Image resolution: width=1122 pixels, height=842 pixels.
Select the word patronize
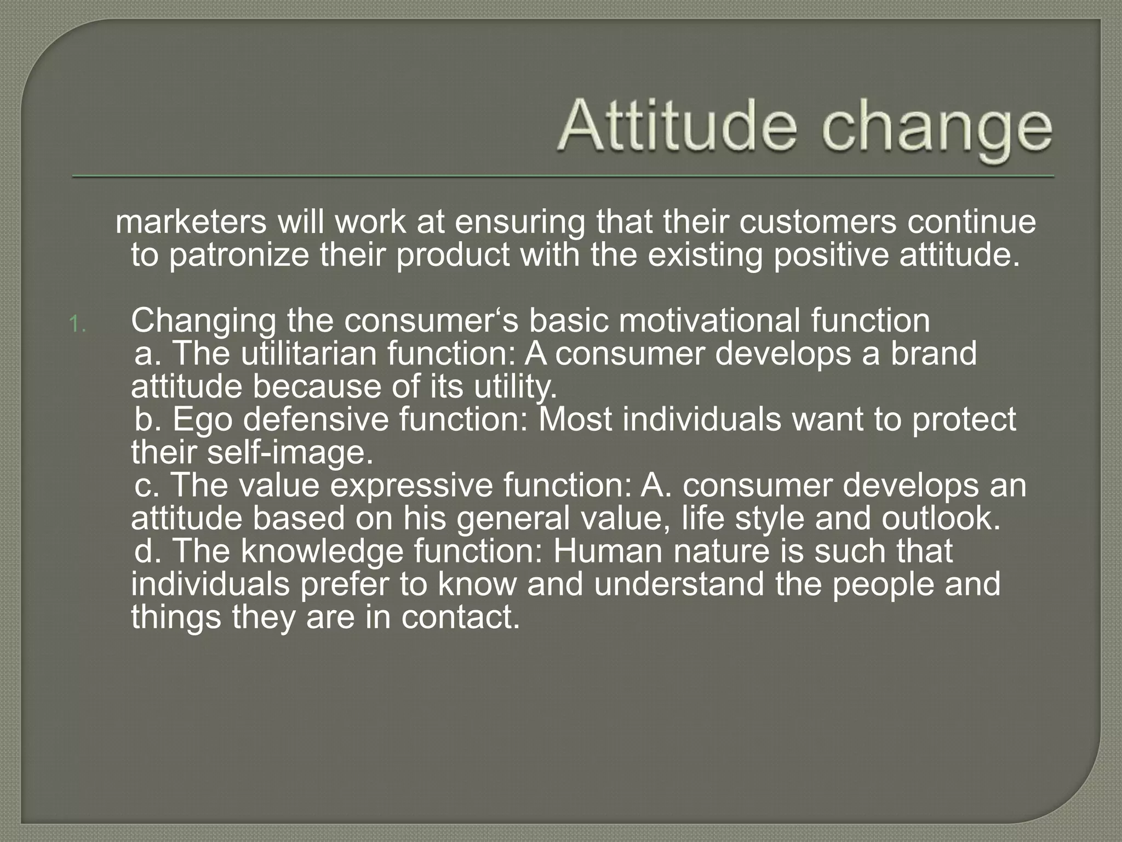pos(239,256)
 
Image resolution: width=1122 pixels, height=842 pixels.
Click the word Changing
pos(203,322)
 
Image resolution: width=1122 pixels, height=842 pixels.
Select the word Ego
pos(203,420)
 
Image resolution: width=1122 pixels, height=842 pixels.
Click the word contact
pos(460,617)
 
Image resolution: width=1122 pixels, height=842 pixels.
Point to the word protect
pos(964,420)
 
